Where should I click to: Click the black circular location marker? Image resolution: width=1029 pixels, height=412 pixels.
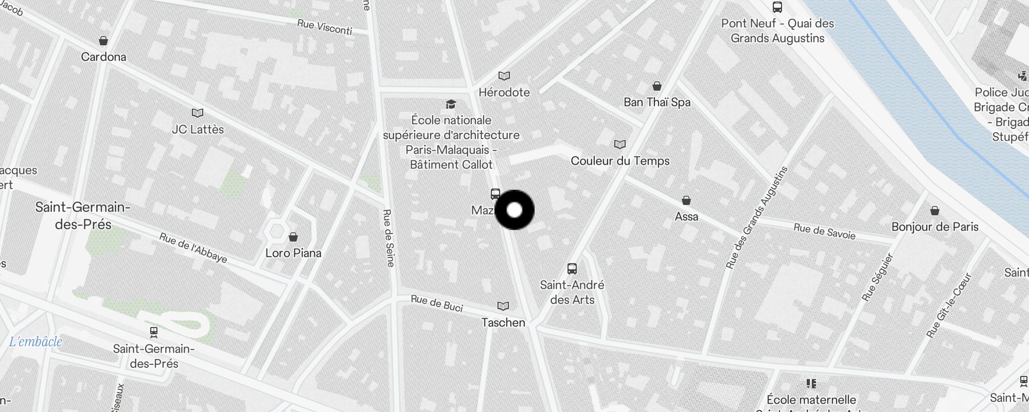(514, 210)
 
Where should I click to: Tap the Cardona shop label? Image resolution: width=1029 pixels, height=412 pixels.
(103, 57)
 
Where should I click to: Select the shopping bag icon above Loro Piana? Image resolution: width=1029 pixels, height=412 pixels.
(293, 237)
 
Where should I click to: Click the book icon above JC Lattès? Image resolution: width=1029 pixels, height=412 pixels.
(198, 113)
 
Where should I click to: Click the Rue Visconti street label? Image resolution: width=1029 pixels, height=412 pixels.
(325, 27)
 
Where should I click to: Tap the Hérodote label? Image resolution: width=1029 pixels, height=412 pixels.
(504, 92)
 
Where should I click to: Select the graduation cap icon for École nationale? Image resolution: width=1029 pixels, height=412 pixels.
(451, 105)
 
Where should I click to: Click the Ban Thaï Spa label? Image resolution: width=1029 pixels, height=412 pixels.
(657, 102)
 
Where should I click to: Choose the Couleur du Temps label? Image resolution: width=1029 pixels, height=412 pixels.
(620, 161)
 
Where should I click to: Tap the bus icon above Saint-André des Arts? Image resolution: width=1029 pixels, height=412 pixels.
(572, 268)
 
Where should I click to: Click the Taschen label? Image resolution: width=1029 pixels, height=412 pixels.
(503, 322)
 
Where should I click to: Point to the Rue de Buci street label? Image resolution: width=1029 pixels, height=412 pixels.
(437, 303)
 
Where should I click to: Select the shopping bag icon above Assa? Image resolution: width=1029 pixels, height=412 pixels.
(686, 200)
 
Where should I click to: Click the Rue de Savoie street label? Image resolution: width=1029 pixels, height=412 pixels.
(824, 232)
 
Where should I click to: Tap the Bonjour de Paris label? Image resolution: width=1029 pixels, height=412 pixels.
(935, 227)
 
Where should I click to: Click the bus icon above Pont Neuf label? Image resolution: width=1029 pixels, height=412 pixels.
(777, 7)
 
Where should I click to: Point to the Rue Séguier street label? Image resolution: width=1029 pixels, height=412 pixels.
(878, 277)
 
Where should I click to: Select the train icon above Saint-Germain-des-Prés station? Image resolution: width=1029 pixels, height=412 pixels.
(153, 332)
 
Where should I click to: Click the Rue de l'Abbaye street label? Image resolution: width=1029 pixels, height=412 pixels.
(193, 248)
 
